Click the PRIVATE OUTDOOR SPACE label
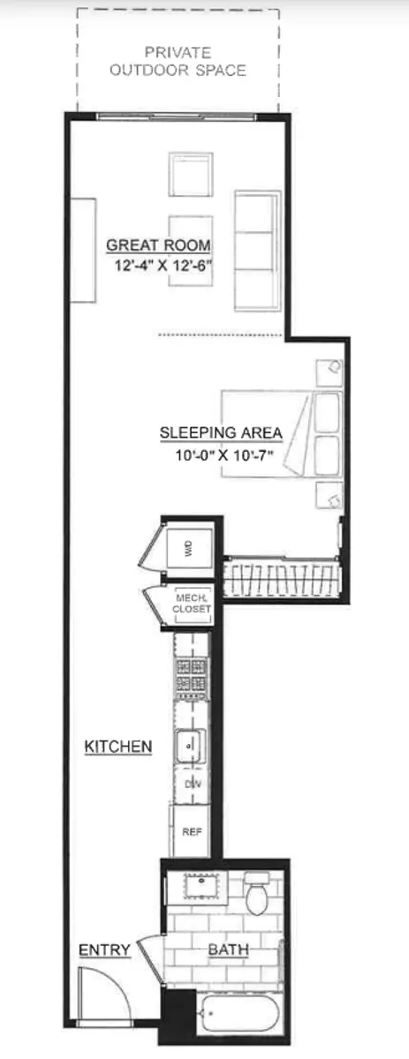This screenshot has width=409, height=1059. (x=178, y=62)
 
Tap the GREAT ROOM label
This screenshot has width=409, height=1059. (x=159, y=245)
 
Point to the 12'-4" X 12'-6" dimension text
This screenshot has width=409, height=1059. (x=163, y=266)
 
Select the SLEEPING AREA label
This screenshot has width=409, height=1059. (x=221, y=432)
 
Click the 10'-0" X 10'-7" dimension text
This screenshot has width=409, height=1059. (x=225, y=455)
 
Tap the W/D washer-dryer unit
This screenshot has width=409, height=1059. (x=189, y=549)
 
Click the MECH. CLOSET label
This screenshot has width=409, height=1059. (x=192, y=604)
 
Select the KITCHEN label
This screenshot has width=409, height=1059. (x=117, y=747)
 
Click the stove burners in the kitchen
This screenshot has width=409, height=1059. (x=192, y=674)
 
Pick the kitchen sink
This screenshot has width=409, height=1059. (x=190, y=746)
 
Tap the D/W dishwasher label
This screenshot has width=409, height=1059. (x=193, y=785)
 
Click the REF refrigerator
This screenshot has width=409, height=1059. (x=191, y=831)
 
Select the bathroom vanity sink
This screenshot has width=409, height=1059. (x=202, y=887)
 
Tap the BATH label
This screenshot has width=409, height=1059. (x=229, y=950)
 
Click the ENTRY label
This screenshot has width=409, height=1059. (x=104, y=950)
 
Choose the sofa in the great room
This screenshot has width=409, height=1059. (x=258, y=251)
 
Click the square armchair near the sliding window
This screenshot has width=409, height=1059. (x=191, y=174)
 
